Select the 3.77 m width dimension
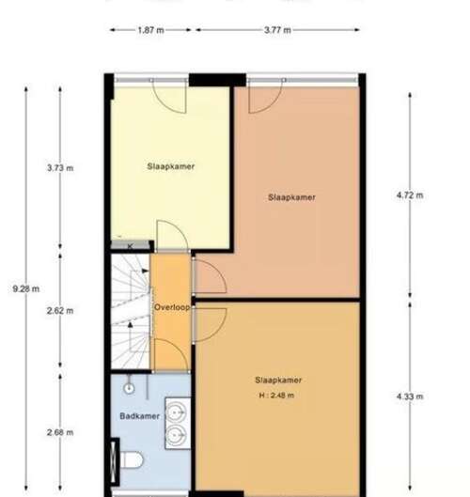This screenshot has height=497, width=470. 276,30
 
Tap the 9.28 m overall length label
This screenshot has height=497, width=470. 26,288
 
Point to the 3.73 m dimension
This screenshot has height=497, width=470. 60,169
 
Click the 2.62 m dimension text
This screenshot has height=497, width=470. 60,310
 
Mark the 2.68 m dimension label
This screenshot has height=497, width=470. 60,432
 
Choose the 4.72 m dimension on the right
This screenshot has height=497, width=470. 410,195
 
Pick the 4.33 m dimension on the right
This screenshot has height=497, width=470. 410,397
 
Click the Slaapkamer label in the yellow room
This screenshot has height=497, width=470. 170,166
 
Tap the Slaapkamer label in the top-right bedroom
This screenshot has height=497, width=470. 290,197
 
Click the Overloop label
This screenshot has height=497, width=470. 172,307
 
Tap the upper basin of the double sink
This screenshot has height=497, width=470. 175,411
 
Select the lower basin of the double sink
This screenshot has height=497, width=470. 175,435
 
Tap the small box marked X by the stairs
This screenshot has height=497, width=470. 129,246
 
